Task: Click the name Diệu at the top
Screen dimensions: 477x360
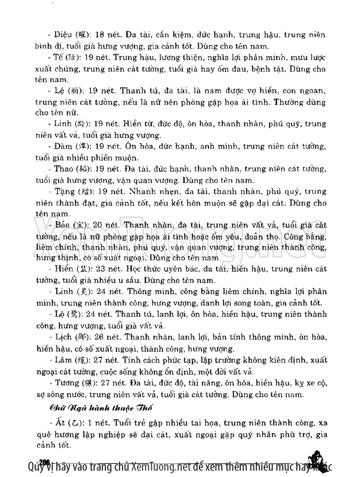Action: pos(63,35)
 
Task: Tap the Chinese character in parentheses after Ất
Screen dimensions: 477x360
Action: pos(74,423)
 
